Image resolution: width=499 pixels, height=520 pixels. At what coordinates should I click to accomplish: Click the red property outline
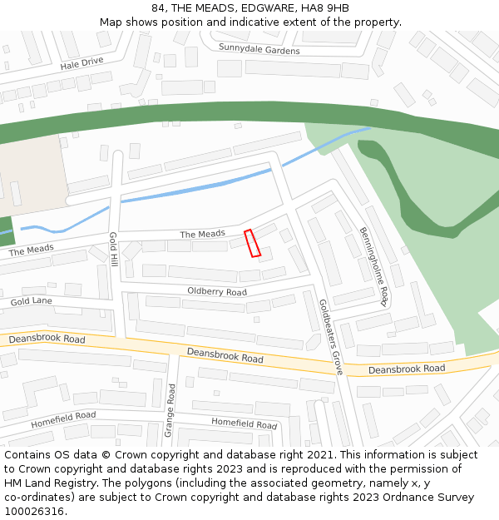click(x=253, y=243)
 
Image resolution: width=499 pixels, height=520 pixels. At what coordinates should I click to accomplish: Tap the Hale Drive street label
click(x=82, y=62)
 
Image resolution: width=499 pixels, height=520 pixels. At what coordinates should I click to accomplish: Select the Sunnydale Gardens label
click(x=259, y=49)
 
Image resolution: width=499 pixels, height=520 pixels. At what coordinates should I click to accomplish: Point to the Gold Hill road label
click(x=114, y=250)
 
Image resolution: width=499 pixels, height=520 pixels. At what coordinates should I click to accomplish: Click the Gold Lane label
click(x=32, y=300)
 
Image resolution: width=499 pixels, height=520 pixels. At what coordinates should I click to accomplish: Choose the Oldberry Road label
click(x=216, y=292)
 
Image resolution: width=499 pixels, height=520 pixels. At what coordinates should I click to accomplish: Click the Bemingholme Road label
click(x=374, y=265)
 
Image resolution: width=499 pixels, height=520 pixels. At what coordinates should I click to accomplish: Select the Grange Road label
click(x=169, y=410)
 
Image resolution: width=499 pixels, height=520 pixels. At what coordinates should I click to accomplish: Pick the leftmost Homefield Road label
click(x=63, y=418)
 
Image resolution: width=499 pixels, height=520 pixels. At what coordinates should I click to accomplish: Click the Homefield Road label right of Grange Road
click(x=244, y=423)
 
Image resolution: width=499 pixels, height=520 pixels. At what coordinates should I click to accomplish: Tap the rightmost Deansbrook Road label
click(x=407, y=369)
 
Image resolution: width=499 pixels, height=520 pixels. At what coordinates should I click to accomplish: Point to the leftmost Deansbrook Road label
click(x=47, y=339)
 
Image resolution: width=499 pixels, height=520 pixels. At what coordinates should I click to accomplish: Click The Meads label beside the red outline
click(x=202, y=235)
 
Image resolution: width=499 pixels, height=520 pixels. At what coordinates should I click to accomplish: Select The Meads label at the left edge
click(x=31, y=250)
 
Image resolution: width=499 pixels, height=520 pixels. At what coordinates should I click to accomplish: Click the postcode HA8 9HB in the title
click(x=321, y=8)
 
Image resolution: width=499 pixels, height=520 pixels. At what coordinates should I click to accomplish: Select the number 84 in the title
click(x=158, y=8)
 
